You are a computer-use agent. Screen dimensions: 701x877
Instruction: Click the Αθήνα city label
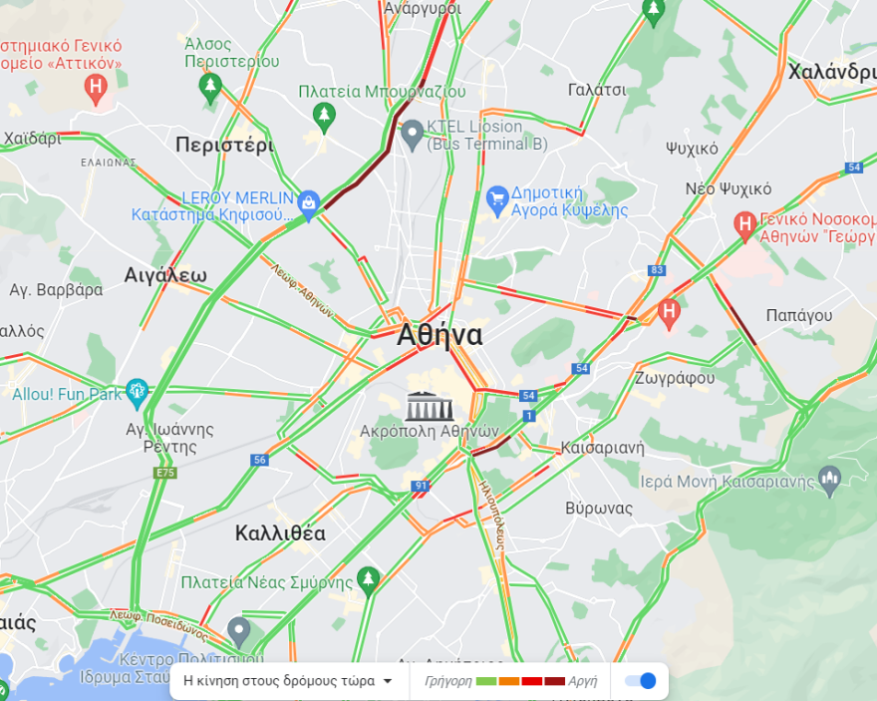(x=439, y=335)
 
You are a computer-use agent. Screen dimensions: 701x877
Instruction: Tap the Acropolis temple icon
(x=430, y=406)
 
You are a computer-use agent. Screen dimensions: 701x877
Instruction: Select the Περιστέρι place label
(x=224, y=145)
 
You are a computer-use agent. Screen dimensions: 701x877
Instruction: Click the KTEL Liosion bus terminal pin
(x=413, y=134)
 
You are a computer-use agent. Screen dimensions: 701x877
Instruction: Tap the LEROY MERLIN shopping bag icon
(x=309, y=204)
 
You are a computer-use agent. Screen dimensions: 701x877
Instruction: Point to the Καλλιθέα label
(x=280, y=532)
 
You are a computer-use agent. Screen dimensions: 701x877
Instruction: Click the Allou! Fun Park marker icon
(x=137, y=393)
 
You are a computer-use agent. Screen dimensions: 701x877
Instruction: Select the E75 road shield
(x=165, y=473)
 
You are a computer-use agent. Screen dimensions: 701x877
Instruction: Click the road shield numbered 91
(x=421, y=487)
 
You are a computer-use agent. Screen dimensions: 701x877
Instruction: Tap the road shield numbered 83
(x=656, y=270)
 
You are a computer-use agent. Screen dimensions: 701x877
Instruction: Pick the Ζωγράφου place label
(x=675, y=378)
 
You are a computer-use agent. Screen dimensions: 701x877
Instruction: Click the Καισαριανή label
(x=603, y=446)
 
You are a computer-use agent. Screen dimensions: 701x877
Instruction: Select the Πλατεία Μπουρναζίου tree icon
(x=323, y=117)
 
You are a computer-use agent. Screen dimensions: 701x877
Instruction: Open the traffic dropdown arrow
(x=388, y=682)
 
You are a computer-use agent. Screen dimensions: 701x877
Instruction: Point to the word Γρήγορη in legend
(x=447, y=682)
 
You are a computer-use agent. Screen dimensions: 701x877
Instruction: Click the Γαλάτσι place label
(x=597, y=90)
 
